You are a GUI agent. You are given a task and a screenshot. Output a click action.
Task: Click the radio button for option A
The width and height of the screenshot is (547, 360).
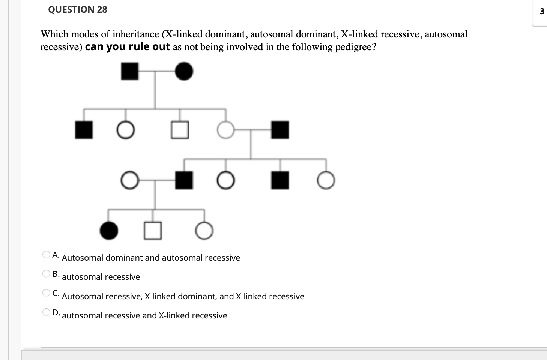(46, 255)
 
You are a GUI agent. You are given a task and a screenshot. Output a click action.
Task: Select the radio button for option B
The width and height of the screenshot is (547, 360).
(46, 274)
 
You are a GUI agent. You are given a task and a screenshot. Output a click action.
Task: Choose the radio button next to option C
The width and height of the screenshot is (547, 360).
(46, 292)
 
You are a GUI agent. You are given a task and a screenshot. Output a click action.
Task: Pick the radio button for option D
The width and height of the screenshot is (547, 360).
(46, 312)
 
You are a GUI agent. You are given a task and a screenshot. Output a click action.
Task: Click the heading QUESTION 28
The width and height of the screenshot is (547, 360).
(78, 10)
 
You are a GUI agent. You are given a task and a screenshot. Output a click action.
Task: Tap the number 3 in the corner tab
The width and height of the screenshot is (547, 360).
(541, 12)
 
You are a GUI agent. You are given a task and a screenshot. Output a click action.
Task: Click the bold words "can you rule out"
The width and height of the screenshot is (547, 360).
(128, 47)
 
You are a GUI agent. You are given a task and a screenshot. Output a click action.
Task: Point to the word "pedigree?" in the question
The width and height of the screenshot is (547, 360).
(356, 47)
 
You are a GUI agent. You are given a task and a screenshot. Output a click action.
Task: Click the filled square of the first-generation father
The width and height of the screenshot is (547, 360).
(130, 71)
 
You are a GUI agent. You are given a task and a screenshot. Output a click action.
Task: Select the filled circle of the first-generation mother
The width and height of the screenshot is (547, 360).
(184, 71)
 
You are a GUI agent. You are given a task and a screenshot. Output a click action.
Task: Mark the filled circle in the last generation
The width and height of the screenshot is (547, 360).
(109, 231)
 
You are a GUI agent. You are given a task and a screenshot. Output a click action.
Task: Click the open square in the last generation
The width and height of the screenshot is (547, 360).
(153, 231)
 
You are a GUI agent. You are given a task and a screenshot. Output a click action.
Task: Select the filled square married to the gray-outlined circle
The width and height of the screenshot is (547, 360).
(280, 130)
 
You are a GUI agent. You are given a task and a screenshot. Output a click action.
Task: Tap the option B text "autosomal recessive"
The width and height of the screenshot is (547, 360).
(101, 277)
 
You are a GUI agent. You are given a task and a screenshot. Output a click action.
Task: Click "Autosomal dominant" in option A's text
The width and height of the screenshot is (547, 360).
(102, 258)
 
